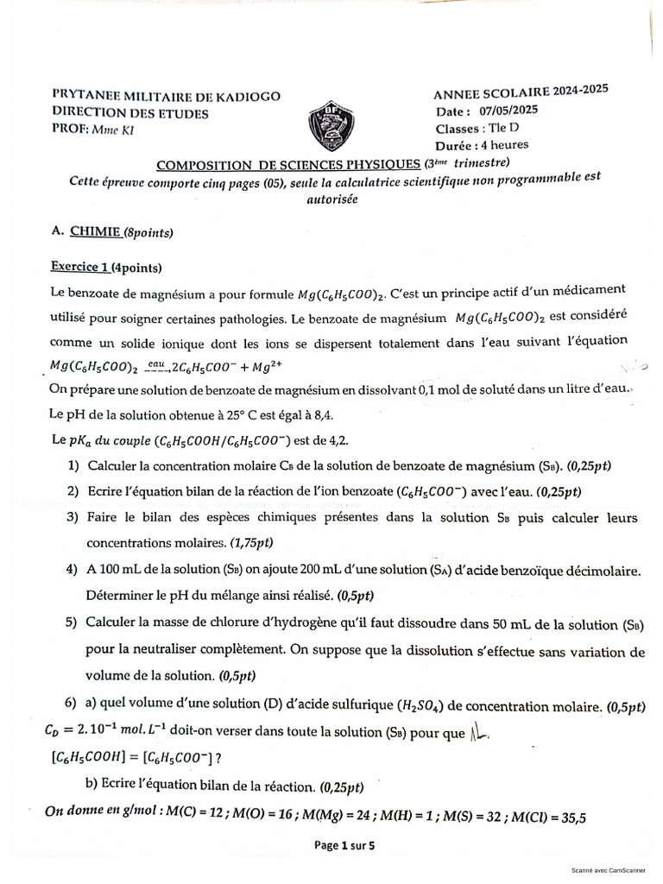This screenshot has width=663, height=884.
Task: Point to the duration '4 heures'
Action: (505, 145)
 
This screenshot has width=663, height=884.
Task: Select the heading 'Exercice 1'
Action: (79, 267)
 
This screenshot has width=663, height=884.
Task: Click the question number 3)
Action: (73, 517)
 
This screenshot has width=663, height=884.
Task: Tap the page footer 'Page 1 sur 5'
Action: (345, 846)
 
